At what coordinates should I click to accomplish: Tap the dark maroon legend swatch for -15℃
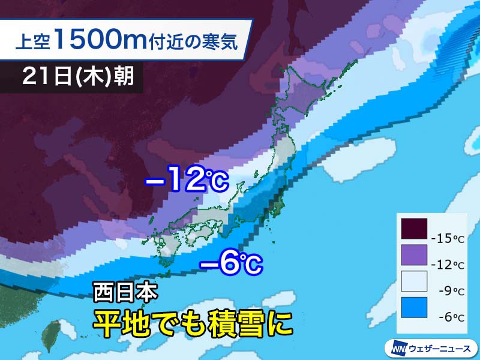coord(415,229)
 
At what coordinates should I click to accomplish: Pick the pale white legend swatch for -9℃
coord(415,281)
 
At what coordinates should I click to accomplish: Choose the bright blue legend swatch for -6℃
coord(415,307)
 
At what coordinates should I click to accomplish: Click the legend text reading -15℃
coord(448,239)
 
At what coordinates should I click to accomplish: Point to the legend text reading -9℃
coord(448,291)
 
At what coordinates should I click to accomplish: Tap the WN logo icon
coord(397,347)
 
